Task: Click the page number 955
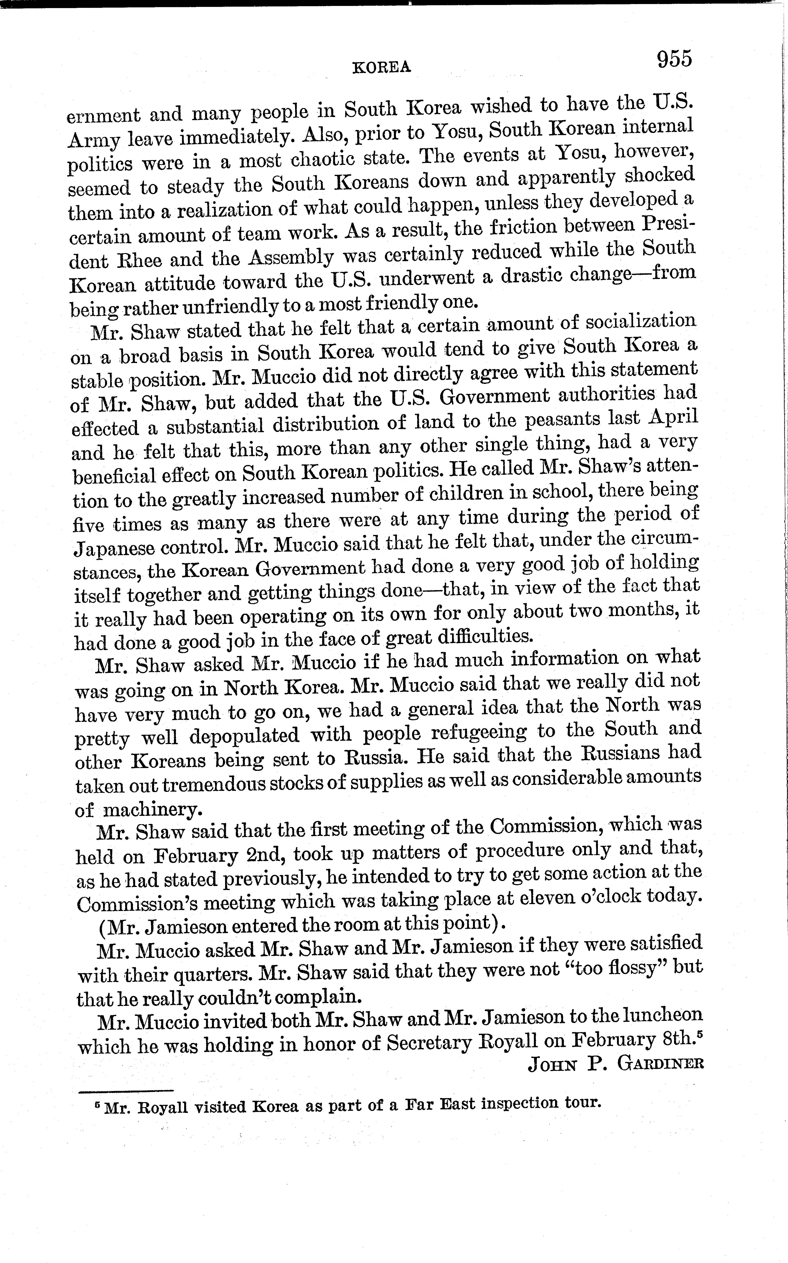click(x=674, y=58)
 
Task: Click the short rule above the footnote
click(x=125, y=1091)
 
